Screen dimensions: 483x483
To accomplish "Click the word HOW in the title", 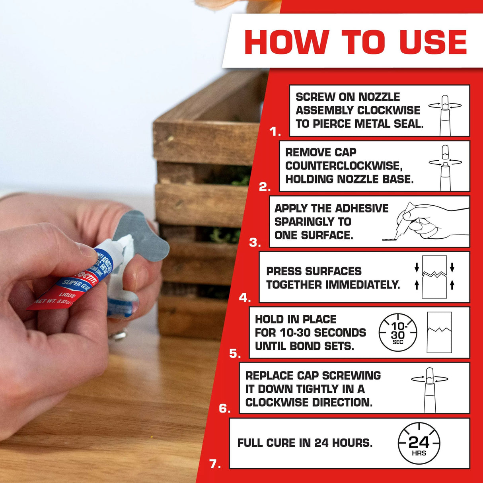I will [286, 42].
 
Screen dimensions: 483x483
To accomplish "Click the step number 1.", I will [274, 132].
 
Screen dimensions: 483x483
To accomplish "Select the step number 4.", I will [244, 298].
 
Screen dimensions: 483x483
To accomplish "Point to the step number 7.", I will [214, 464].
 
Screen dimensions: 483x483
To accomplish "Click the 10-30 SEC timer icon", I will [397, 333].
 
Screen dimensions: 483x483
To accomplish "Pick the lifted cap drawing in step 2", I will [445, 153].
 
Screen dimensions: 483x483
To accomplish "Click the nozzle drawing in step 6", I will [429, 390].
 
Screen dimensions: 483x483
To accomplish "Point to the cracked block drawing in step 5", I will [439, 333].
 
